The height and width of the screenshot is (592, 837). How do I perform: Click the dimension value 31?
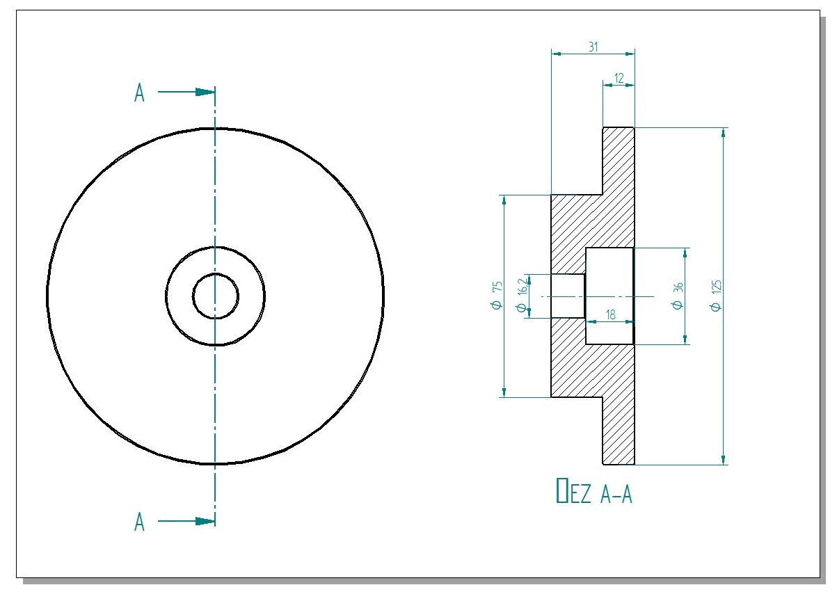pos(593,47)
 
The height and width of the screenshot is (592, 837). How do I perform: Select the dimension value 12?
pos(619,78)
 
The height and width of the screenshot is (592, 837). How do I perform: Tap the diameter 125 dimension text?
pos(717,296)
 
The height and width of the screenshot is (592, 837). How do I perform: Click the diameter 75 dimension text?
pos(496,296)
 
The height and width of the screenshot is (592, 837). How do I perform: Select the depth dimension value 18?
pos(610,314)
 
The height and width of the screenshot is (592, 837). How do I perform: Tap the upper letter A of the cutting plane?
pos(139,93)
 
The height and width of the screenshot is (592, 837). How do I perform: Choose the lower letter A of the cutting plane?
pos(139,522)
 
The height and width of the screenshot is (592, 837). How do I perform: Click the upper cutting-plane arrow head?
pos(205,92)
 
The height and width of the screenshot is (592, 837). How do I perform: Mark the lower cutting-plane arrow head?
pos(205,521)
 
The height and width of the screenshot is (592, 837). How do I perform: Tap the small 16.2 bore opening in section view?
pos(568,296)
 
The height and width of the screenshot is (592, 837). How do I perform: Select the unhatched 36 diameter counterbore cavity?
pos(609,278)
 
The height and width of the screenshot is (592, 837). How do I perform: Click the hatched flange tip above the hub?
pos(618,160)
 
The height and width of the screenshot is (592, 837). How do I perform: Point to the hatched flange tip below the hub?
pos(618,431)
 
